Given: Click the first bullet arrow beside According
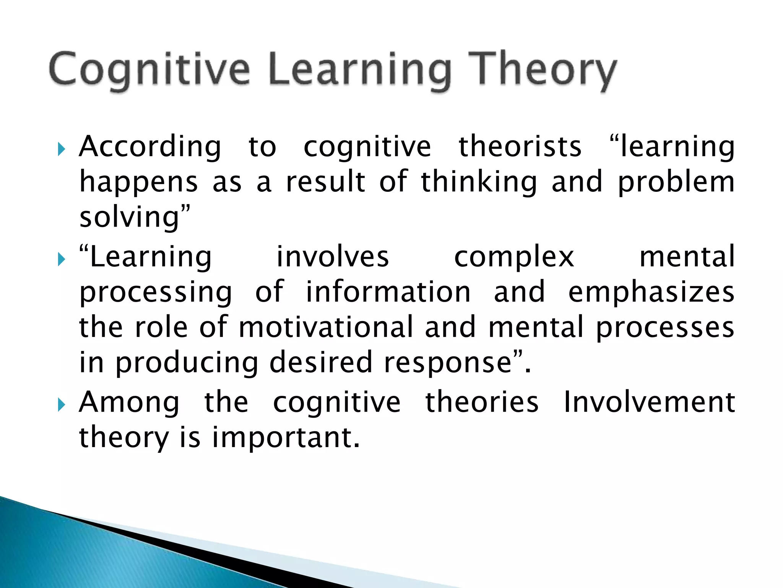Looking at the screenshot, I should pyautogui.click(x=62, y=149).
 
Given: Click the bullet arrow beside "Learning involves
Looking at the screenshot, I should pyautogui.click(x=62, y=260).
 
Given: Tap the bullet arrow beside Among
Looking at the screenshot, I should pyautogui.click(x=62, y=405).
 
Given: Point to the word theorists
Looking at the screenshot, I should pyautogui.click(x=520, y=147).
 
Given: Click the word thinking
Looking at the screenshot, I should pyautogui.click(x=479, y=182).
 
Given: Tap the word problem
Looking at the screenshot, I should pyautogui.click(x=676, y=182).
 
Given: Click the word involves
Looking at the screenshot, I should pyautogui.click(x=333, y=257).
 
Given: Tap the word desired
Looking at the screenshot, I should pyautogui.click(x=321, y=362).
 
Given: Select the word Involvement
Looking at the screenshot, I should pyautogui.click(x=649, y=402).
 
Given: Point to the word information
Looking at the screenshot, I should pyautogui.click(x=388, y=292).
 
